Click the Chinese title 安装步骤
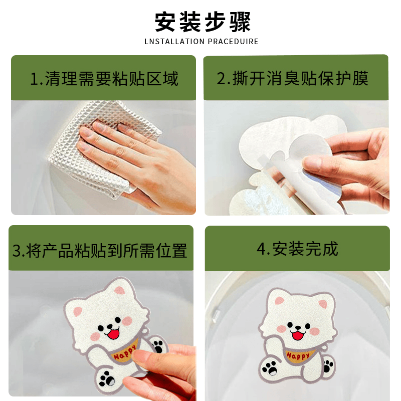click(203, 22)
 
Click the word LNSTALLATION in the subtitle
click(174, 42)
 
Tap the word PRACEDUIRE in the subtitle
click(233, 42)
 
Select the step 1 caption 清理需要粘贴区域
click(111, 79)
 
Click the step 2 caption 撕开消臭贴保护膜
click(300, 78)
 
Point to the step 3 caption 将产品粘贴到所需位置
click(106, 251)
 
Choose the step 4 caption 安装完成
click(305, 249)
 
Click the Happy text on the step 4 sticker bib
click(298, 356)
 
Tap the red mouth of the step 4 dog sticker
click(298, 335)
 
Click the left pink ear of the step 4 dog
click(279, 300)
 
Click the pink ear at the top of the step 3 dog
click(120, 290)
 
